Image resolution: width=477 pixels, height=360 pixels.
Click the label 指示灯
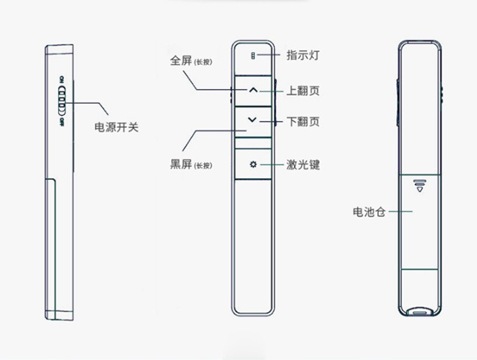point(303,55)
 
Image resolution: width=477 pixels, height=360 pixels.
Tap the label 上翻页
point(303,91)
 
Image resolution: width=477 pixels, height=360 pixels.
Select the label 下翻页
point(303,121)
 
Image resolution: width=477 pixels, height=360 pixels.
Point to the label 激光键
point(303,165)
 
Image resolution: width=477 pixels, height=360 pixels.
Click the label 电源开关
point(116,127)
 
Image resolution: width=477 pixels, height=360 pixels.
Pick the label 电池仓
point(369,212)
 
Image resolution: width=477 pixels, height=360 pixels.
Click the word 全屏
point(181,60)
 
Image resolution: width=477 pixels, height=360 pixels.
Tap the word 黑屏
point(181,164)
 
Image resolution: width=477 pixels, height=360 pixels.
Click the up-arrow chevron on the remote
point(253,90)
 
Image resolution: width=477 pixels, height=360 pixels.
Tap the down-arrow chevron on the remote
point(252,120)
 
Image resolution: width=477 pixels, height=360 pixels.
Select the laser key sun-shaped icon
point(253,165)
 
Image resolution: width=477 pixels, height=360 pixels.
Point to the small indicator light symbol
point(252,56)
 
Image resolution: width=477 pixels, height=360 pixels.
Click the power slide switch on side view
point(62,101)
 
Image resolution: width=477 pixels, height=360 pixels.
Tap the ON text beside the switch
point(62,80)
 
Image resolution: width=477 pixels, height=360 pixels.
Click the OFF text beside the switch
point(62,122)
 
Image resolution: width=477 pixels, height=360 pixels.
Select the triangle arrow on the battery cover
point(420,190)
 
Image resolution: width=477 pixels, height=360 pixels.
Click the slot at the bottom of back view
point(420,312)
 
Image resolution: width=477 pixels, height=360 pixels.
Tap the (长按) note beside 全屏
point(203,62)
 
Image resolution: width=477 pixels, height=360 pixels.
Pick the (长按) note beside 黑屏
point(203,166)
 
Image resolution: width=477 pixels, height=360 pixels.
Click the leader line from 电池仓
point(401,212)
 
